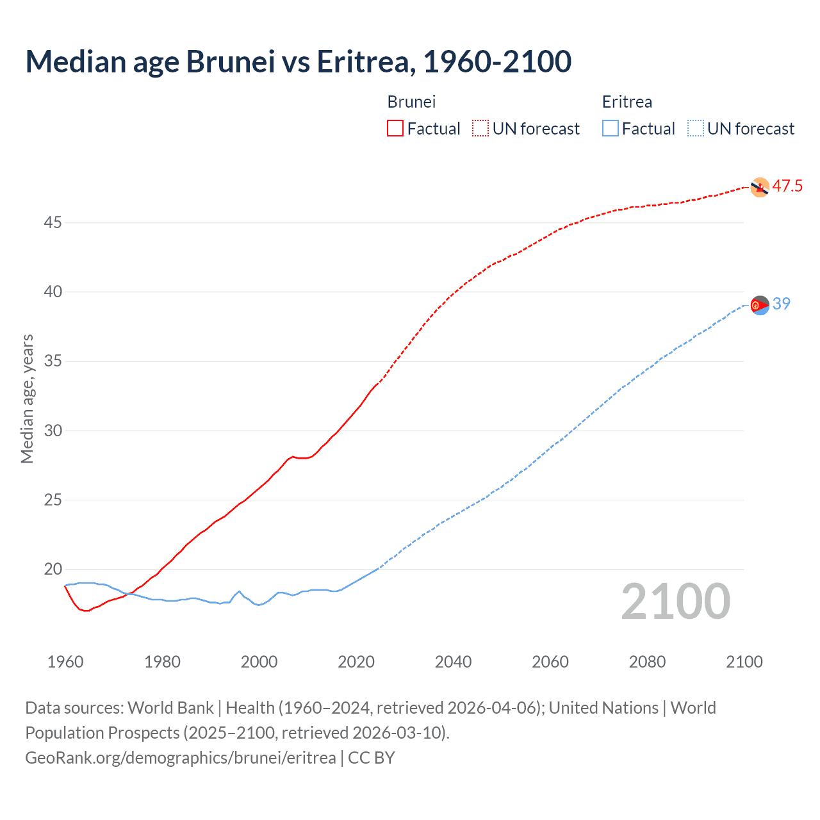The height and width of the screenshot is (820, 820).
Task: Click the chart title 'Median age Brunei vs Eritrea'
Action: click(298, 61)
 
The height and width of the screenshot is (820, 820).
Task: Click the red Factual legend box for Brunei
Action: click(395, 128)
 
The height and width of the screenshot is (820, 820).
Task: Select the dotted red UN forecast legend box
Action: click(480, 128)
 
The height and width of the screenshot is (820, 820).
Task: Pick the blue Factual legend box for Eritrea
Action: click(610, 128)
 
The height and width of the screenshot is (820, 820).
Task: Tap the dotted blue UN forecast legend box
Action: click(695, 128)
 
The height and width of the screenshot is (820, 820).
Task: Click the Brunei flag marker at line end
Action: click(759, 187)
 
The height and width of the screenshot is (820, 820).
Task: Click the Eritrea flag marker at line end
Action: click(759, 305)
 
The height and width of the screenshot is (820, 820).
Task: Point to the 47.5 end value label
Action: click(787, 186)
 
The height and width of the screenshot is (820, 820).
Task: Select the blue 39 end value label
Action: click(782, 304)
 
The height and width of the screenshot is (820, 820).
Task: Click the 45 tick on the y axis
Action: click(53, 222)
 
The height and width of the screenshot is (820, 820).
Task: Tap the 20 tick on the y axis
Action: click(53, 569)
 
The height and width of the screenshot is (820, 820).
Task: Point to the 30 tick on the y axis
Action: click(53, 430)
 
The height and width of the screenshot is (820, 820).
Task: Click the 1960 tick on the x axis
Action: click(65, 662)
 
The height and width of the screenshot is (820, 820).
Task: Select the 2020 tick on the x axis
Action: click(356, 662)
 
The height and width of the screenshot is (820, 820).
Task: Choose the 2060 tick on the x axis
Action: click(550, 662)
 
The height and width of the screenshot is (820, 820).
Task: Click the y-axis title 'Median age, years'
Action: click(27, 398)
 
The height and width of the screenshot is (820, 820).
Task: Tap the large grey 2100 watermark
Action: click(675, 602)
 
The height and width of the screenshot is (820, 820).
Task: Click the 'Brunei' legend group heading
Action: click(411, 102)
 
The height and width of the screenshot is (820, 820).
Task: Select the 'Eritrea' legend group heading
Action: click(627, 102)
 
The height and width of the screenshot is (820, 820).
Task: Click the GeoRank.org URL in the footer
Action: click(180, 757)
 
